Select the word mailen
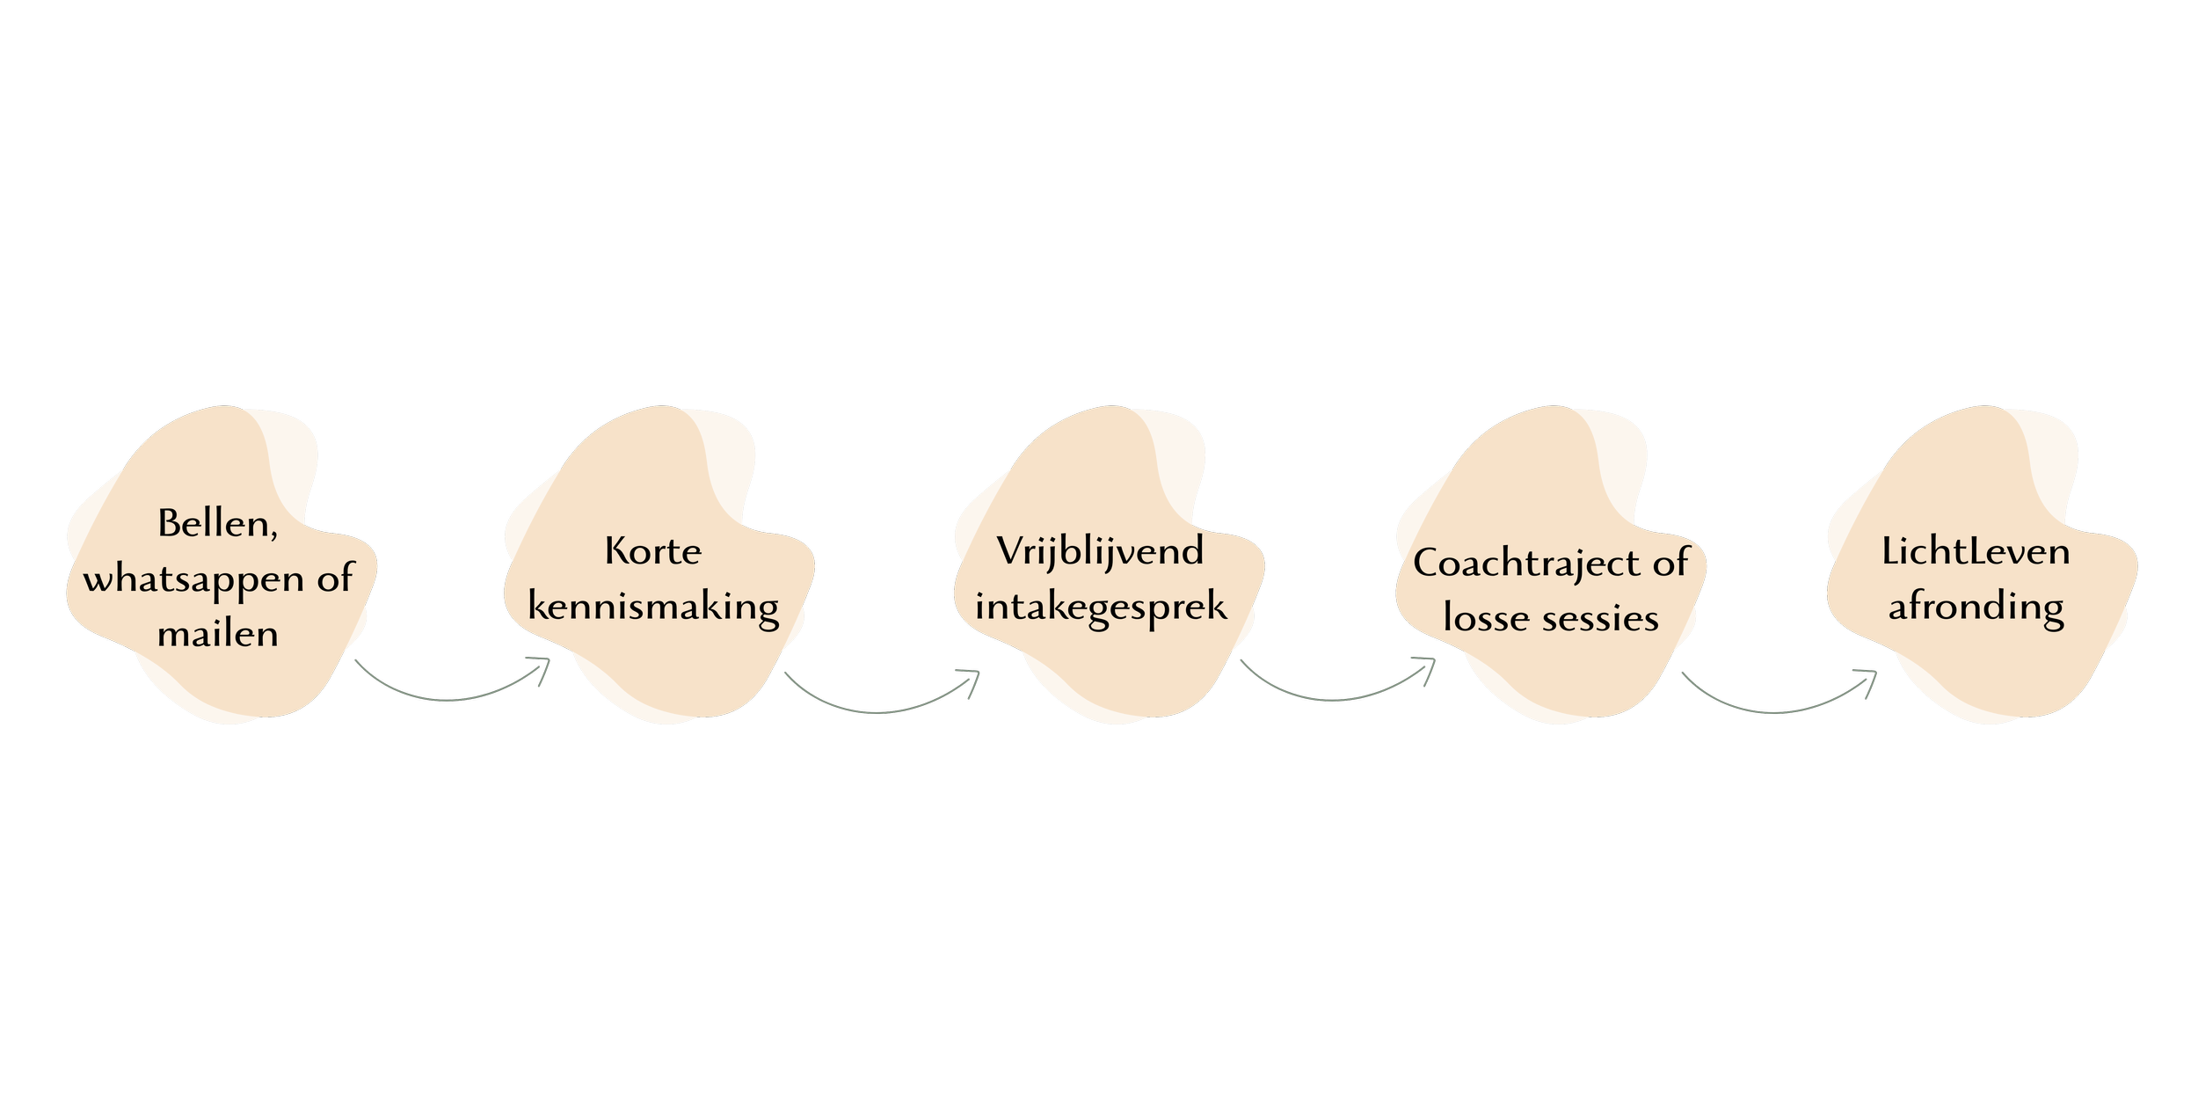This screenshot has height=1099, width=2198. [x=218, y=633]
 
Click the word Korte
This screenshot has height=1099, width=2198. [x=653, y=552]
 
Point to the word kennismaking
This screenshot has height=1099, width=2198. [x=653, y=607]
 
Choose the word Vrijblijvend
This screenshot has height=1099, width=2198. [x=1100, y=552]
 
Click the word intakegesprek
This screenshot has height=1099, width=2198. [x=1101, y=607]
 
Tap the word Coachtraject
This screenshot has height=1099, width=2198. [x=1527, y=564]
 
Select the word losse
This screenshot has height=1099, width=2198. [x=1486, y=618]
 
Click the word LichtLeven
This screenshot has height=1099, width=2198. [x=1976, y=552]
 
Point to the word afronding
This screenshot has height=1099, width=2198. [x=1976, y=607]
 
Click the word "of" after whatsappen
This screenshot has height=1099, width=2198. [x=334, y=579]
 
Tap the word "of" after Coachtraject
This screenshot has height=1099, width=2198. [x=1670, y=564]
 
